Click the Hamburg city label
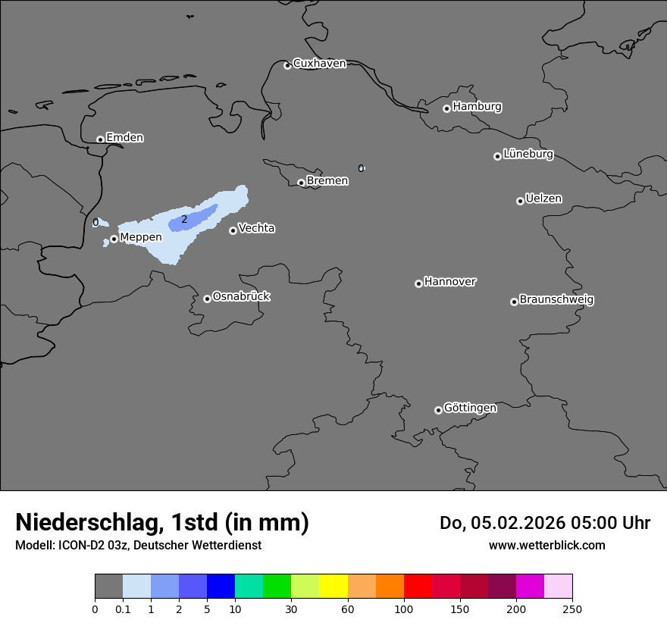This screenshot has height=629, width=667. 477,107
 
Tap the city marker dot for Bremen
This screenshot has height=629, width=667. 301,183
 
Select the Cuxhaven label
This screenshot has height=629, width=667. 319,64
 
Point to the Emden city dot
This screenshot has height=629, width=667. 100,139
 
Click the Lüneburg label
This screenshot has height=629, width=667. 528,155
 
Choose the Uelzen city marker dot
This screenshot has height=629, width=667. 520,201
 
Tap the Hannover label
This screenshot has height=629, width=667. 449,282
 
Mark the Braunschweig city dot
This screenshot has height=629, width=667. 514,302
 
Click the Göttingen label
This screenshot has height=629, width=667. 470,408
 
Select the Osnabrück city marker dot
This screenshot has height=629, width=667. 207,299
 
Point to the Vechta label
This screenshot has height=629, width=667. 256,228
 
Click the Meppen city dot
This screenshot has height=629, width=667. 114,239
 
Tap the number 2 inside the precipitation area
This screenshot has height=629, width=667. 184,219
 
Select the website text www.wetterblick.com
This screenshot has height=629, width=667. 546,546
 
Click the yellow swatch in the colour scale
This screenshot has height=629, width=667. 333,587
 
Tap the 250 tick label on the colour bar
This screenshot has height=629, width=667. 572,609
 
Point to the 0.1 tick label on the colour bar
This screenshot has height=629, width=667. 123,609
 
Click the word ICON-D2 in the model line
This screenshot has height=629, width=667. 80,546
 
